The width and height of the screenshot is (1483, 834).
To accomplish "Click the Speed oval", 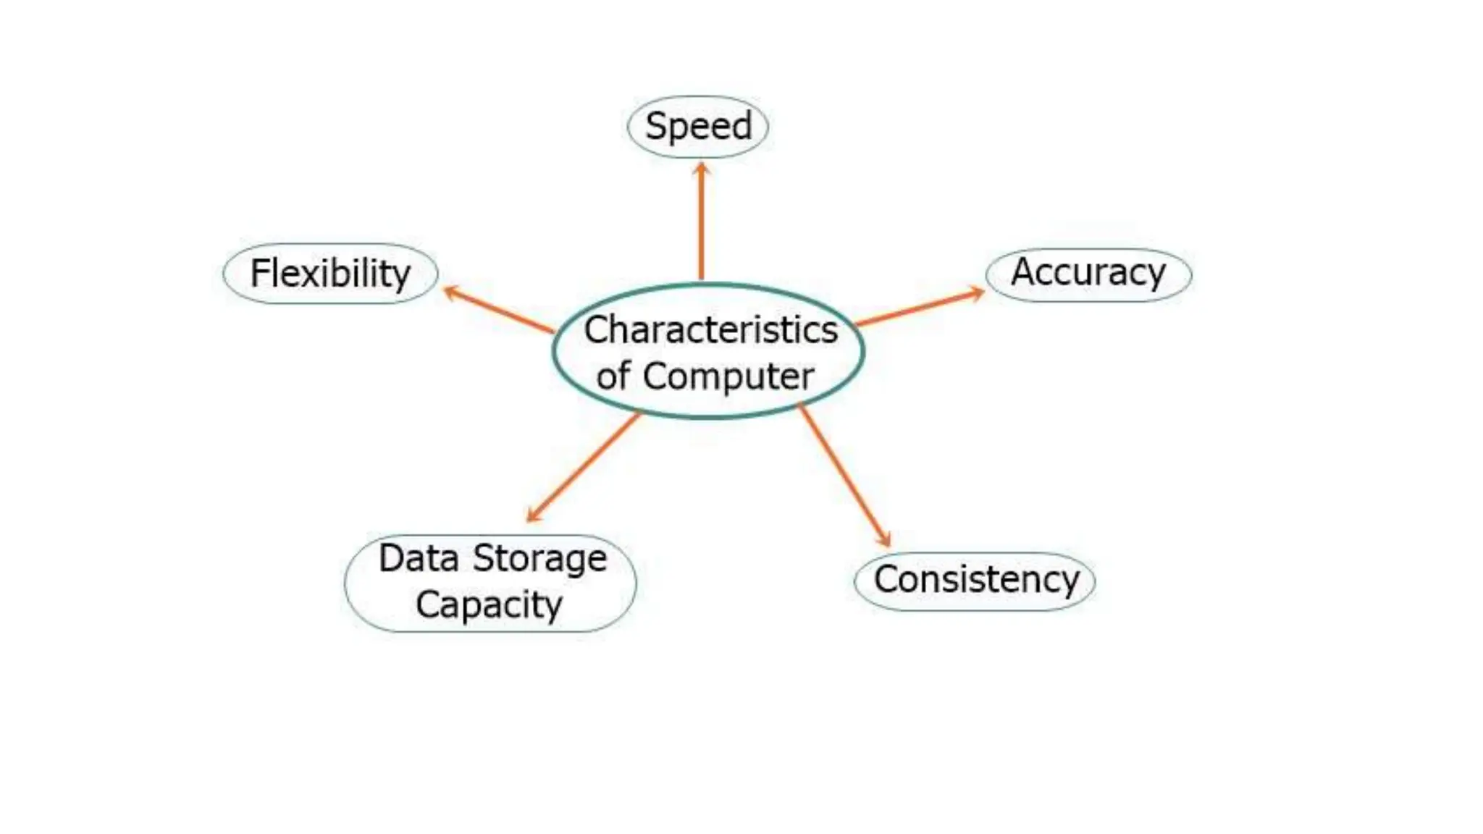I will coord(697,127).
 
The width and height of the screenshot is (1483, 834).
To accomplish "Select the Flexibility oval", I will coord(330,274).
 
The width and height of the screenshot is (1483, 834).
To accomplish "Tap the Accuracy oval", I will coord(1088,274).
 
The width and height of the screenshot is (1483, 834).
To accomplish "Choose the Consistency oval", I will coord(975,580).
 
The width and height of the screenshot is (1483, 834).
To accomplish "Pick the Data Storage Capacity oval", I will coord(490,583).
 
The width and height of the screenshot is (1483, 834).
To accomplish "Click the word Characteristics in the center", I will coord(710,330).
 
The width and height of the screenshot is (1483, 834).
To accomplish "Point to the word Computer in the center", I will coord(728,376).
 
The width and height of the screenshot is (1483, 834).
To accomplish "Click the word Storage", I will coord(539,558).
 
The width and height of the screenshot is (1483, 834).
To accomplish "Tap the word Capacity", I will coord(489,605).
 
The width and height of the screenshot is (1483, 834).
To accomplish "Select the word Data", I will coord(419,558).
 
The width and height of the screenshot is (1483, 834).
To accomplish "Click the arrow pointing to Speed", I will coord(701,224).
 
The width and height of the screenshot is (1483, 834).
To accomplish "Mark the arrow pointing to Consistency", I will coord(845,476).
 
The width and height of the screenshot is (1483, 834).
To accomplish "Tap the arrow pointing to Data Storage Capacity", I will coord(584,467).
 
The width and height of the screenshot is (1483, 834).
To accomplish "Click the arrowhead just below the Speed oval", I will coord(701,169).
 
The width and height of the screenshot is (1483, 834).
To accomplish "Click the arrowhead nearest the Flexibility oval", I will coord(451,292).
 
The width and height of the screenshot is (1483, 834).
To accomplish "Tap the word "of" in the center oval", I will coord(613,376).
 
